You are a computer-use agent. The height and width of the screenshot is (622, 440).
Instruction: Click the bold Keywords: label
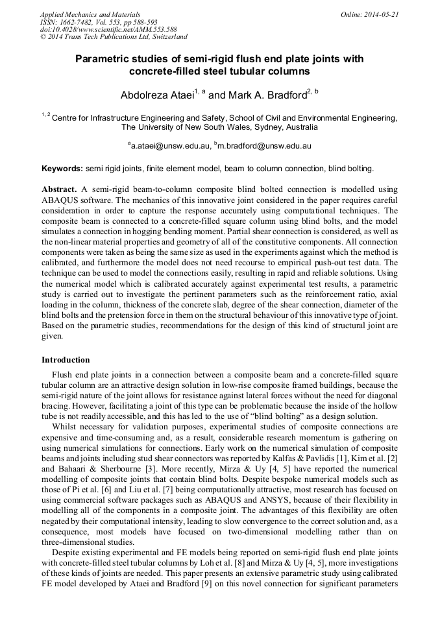pos(62,169)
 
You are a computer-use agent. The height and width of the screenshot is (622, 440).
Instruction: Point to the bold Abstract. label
pos(59,188)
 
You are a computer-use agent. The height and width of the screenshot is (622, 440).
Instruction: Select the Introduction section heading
pos(66,359)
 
